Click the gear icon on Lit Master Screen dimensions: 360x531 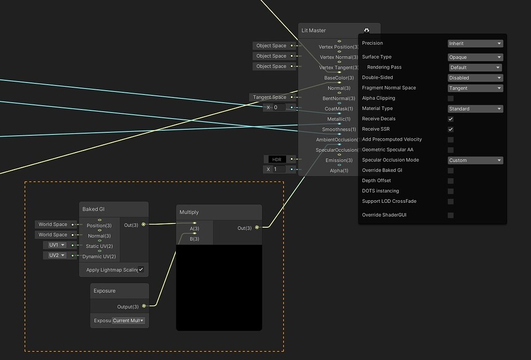point(367,31)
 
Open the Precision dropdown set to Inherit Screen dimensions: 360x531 point(476,44)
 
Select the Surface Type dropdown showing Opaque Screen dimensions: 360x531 point(476,57)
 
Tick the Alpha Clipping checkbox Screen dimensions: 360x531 point(451,98)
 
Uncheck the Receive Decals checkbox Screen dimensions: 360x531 point(451,119)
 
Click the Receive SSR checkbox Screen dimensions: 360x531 point(451,129)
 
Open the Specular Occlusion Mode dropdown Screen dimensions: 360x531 point(476,160)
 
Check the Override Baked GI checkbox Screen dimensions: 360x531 point(451,171)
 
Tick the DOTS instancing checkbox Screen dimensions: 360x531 point(451,191)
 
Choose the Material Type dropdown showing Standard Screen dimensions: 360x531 point(476,109)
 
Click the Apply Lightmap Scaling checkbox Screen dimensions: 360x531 point(141,269)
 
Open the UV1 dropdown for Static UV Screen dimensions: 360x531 point(57,245)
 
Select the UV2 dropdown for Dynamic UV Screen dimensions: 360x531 point(57,255)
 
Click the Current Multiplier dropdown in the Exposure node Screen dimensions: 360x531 point(129,321)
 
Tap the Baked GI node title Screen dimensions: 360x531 point(94,209)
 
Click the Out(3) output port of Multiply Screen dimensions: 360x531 point(257,228)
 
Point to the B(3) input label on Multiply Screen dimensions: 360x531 point(194,239)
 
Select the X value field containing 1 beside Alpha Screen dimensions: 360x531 point(279,170)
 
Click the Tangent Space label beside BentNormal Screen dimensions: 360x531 point(270,97)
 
